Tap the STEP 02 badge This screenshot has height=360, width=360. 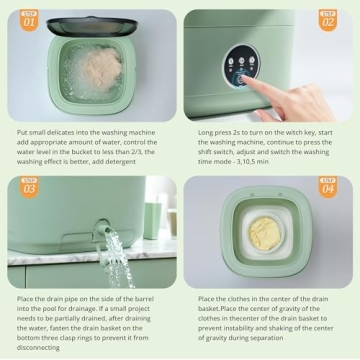point(328,19)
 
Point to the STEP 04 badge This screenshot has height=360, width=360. point(328,186)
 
